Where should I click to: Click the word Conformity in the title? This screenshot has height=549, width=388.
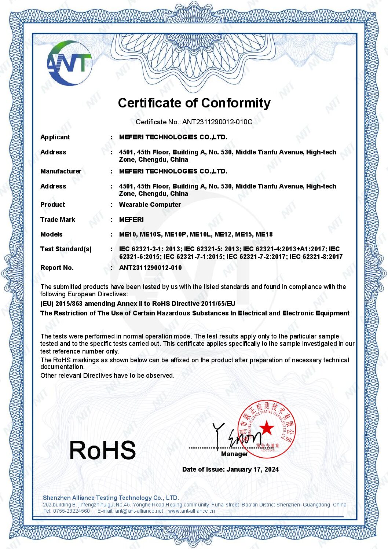click(x=236, y=103)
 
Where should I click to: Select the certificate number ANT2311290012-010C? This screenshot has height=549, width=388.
click(x=217, y=122)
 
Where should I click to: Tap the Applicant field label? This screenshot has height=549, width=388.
click(x=55, y=137)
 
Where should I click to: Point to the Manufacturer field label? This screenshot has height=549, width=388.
click(x=61, y=171)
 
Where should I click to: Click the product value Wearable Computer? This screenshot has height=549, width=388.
click(x=150, y=205)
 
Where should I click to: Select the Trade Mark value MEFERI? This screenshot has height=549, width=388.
click(x=131, y=220)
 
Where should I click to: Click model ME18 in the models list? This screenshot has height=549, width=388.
click(x=264, y=234)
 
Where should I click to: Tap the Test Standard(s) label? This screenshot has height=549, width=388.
click(x=66, y=249)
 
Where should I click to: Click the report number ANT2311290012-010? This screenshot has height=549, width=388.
click(x=150, y=268)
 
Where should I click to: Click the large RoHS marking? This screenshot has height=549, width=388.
click(x=103, y=450)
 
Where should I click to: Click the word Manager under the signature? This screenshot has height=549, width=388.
click(x=234, y=454)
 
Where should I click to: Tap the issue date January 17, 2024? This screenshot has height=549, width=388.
click(x=253, y=469)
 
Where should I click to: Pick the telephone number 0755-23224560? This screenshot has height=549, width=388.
click(x=72, y=511)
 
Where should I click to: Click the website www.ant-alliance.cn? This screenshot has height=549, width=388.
click(x=191, y=511)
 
